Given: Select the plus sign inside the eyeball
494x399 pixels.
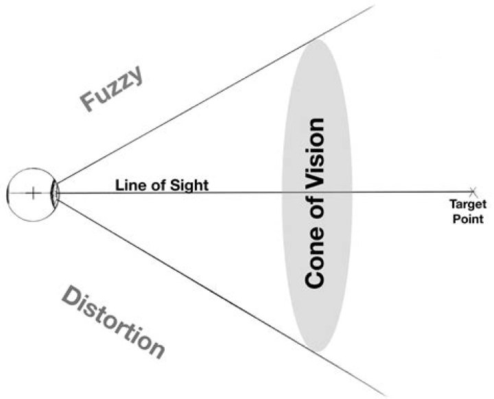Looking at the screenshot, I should pyautogui.click(x=32, y=193).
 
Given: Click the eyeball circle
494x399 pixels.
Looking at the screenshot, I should pyautogui.click(x=15, y=175).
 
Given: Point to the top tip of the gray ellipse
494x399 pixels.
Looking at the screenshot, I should pyautogui.click(x=316, y=40).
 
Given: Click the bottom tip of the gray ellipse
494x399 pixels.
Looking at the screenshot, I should pyautogui.click(x=316, y=353).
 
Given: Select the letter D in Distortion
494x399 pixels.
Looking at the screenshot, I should pyautogui.click(x=71, y=295).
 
